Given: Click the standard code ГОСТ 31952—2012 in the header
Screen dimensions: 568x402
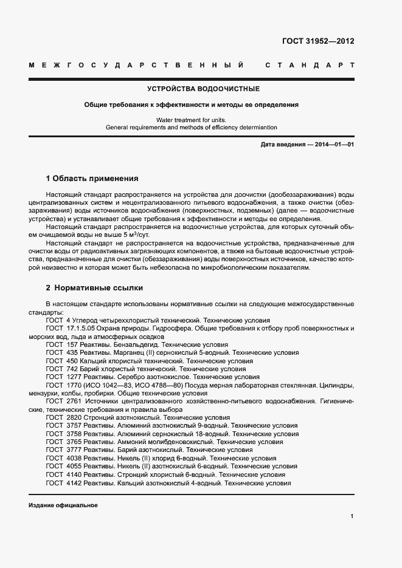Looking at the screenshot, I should [318, 41].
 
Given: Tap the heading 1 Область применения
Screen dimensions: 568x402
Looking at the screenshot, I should [92, 179].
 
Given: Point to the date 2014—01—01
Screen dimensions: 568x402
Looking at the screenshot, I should [333, 144].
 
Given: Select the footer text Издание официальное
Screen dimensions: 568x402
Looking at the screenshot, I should [63, 505].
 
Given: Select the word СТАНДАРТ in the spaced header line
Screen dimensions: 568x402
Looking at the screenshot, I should [310, 64].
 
